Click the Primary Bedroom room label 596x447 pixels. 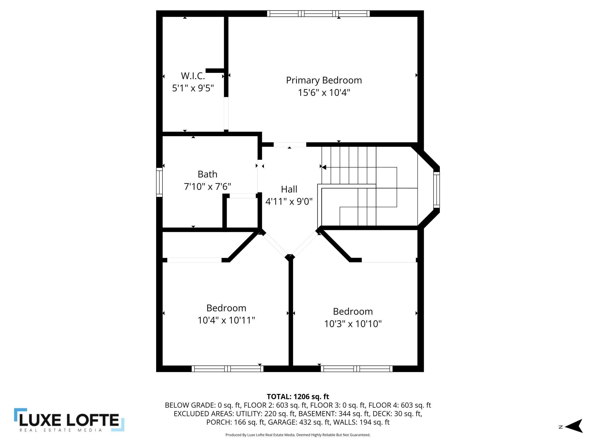point(324,80)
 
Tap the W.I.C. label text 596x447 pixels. point(193,76)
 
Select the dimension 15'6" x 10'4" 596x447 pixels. point(324,93)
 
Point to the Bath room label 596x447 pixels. point(207,174)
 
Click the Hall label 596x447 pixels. point(289,189)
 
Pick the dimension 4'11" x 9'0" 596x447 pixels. point(289,201)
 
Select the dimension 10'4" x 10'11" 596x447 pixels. point(226,320)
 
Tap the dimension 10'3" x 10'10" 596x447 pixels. point(353,324)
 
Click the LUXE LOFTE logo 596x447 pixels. point(69,420)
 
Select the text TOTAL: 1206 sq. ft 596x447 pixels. point(298,397)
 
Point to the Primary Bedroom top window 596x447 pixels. point(318,13)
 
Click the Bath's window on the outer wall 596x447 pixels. point(159,182)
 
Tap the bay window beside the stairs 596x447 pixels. point(436,190)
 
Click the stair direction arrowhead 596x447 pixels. point(324,167)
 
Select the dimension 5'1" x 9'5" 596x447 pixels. point(193,88)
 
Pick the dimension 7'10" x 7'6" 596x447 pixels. point(207,187)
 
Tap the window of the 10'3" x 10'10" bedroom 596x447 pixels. point(356,369)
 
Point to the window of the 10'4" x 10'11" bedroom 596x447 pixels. point(228,369)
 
